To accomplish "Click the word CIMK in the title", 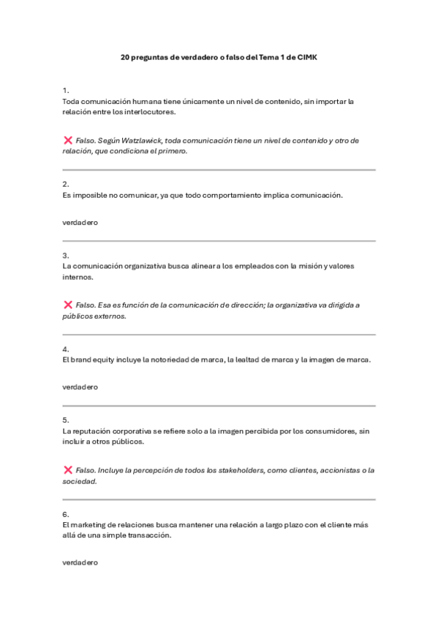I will pyautogui.click(x=306, y=56).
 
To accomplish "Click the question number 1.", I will pyautogui.click(x=66, y=90).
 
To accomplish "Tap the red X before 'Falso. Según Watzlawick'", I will pyautogui.click(x=68, y=140).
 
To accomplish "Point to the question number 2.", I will pyautogui.click(x=66, y=185).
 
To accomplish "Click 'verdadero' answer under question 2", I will pyautogui.click(x=80, y=222).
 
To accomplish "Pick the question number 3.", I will pyautogui.click(x=66, y=256).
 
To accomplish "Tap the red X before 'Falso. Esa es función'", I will pyautogui.click(x=68, y=305).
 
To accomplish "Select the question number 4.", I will pyautogui.click(x=66, y=349).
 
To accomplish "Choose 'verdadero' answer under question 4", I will pyautogui.click(x=80, y=387).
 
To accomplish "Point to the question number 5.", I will pyautogui.click(x=66, y=420).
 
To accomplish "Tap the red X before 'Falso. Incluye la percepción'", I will pyautogui.click(x=68, y=469).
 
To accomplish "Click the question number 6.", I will pyautogui.click(x=66, y=514).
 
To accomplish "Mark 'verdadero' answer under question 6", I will pyautogui.click(x=80, y=562).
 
